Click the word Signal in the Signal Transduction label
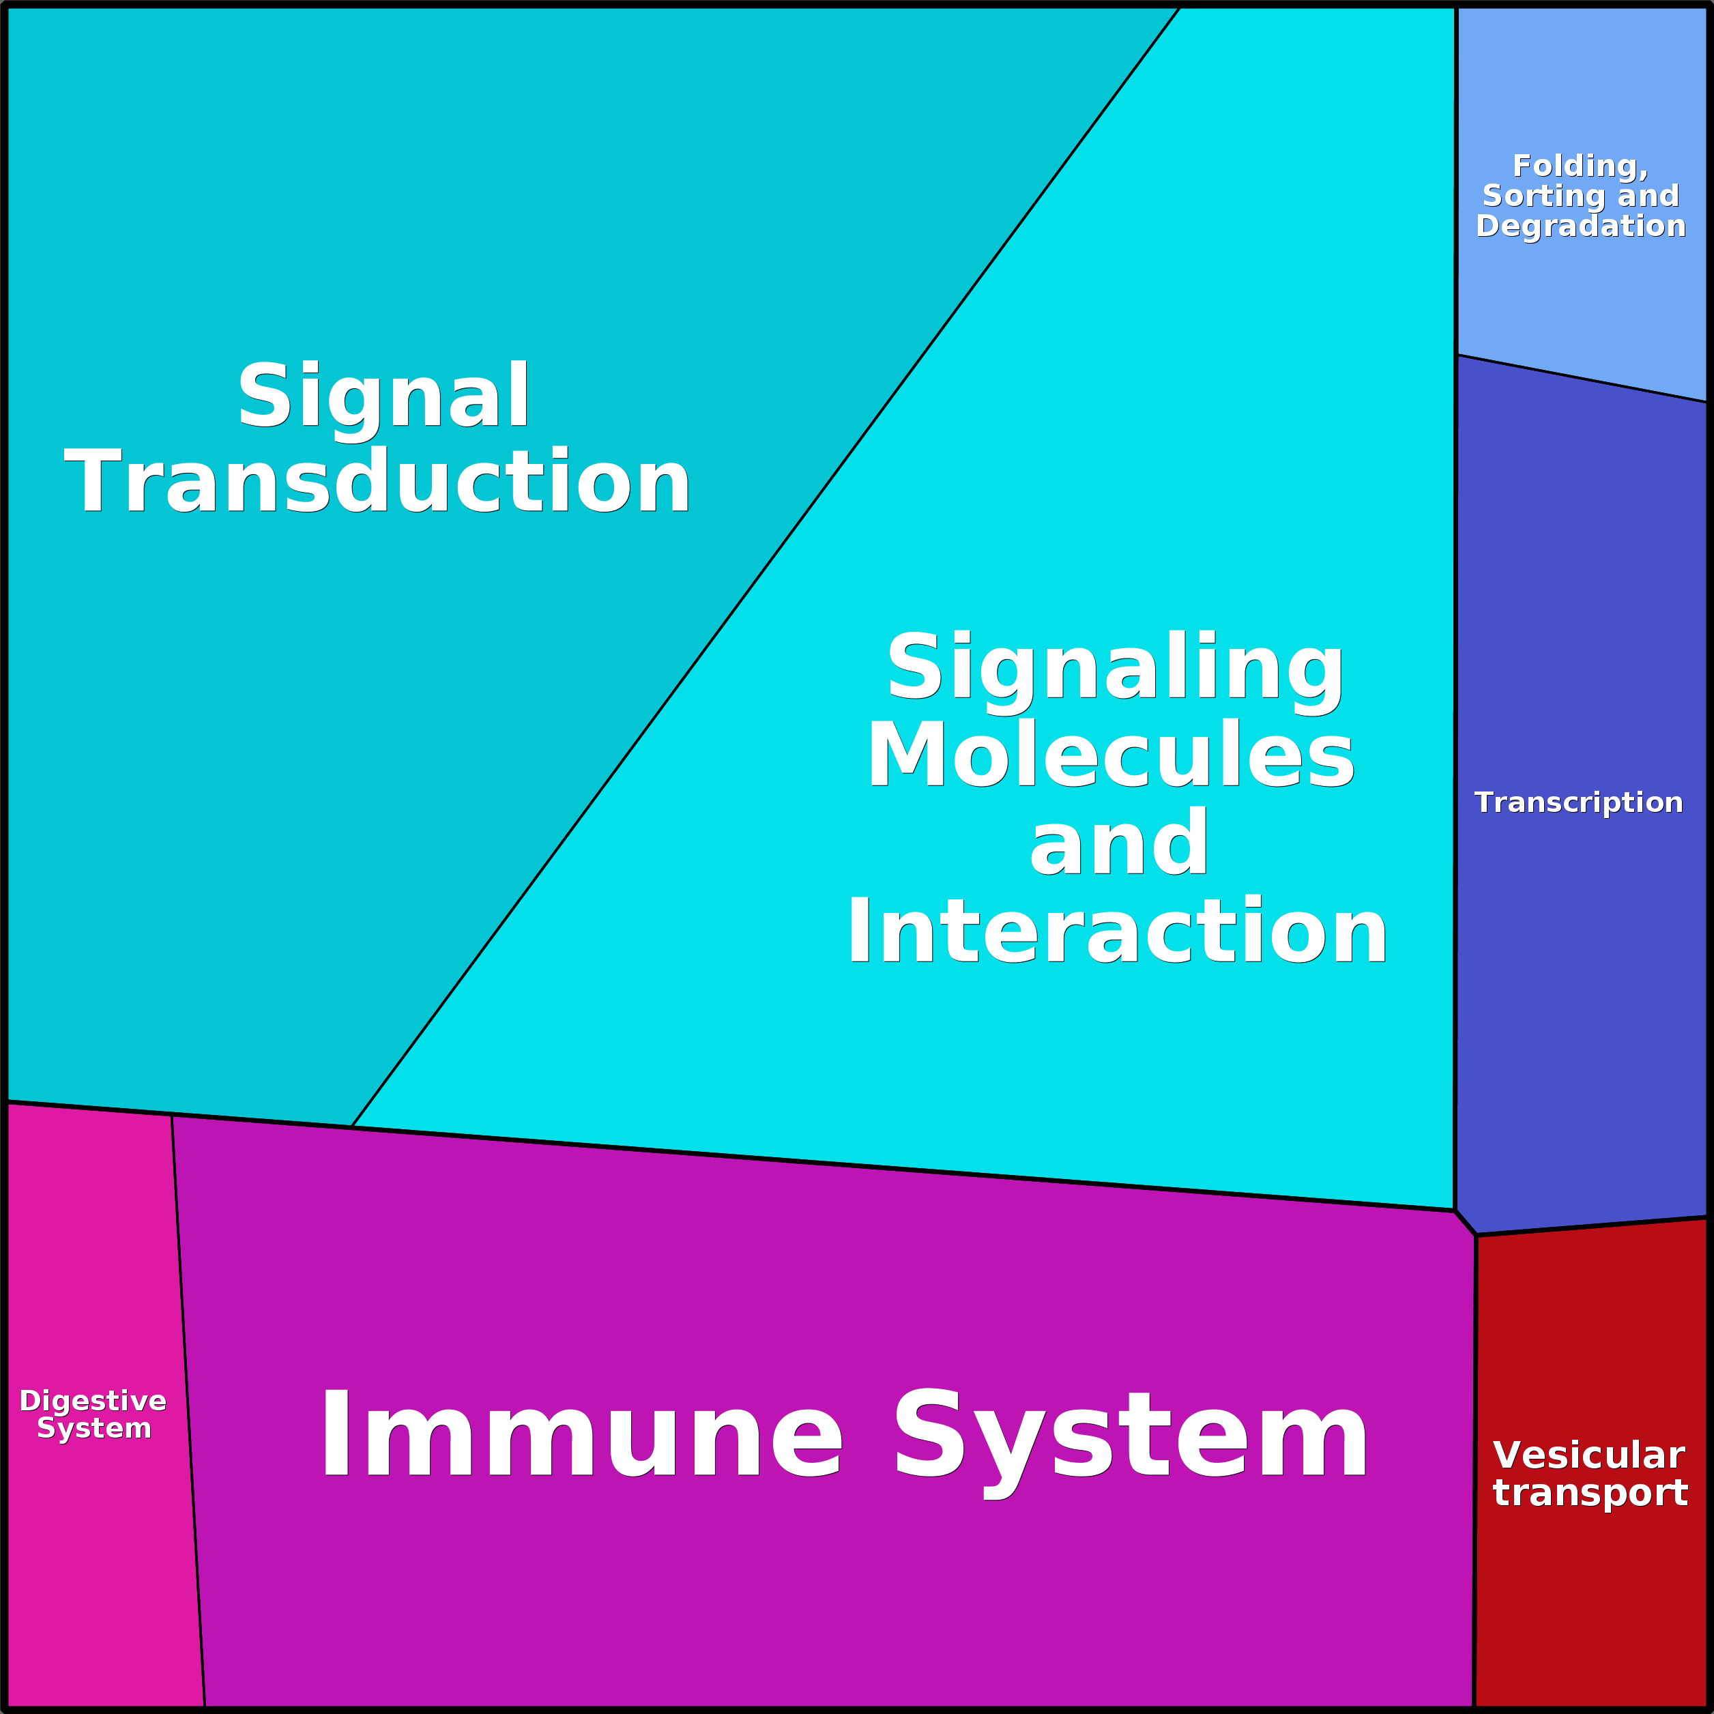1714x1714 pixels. [383, 396]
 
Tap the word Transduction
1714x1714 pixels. [377, 481]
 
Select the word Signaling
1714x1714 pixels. [1115, 667]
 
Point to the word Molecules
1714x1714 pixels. [1111, 754]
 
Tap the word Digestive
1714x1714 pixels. [93, 1401]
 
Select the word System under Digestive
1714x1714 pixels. [94, 1428]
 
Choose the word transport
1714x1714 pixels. [1590, 1492]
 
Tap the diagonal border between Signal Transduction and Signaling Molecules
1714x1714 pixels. [765, 568]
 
